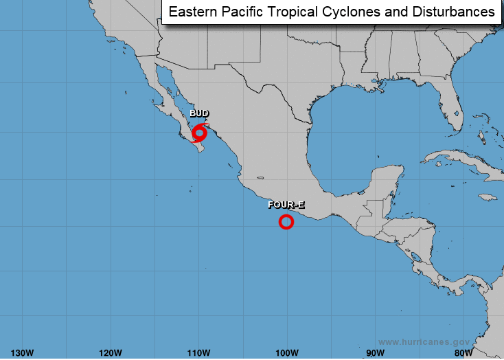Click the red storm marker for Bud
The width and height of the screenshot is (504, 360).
[x=199, y=132]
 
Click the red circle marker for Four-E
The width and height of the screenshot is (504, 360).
[x=286, y=221]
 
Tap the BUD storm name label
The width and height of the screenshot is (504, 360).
[x=199, y=113]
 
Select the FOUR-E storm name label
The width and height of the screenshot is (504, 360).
[x=286, y=204]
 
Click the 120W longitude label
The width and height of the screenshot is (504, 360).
[x=110, y=352]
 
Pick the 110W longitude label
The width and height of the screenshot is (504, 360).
[x=198, y=352]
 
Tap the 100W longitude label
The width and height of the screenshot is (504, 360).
[x=286, y=352]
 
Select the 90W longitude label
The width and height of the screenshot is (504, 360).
[x=375, y=352]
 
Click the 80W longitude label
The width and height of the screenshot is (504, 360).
[x=463, y=352]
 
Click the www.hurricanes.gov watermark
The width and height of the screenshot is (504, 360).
[x=424, y=341]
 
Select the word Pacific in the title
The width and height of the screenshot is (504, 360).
[x=241, y=12]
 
